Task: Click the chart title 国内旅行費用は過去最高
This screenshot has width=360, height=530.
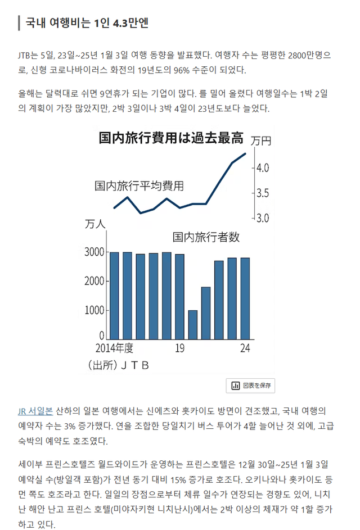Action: pos(172,138)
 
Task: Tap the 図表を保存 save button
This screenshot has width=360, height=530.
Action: pos(250,386)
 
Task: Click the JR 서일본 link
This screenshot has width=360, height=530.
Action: pos(35,411)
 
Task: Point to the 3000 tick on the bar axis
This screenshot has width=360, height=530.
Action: pos(94,252)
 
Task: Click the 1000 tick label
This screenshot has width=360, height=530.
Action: pos(94,310)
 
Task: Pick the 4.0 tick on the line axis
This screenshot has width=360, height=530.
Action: pos(263,168)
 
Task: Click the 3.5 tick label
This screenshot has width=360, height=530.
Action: pos(263,193)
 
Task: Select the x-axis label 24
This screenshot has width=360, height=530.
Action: pos(245,348)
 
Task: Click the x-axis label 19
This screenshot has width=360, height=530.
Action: pos(179,348)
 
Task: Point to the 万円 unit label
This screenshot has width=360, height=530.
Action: pos(261,141)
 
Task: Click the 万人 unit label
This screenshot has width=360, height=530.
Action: pos(95,224)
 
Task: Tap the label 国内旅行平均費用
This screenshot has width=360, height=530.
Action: pos(139,185)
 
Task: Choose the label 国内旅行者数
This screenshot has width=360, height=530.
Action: pos(206,237)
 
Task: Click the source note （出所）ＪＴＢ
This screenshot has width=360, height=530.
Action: pos(119,365)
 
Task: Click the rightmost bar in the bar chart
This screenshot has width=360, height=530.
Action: pos(245,297)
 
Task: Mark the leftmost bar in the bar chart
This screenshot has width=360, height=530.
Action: pos(114,295)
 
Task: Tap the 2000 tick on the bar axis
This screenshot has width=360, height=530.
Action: pos(94,281)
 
